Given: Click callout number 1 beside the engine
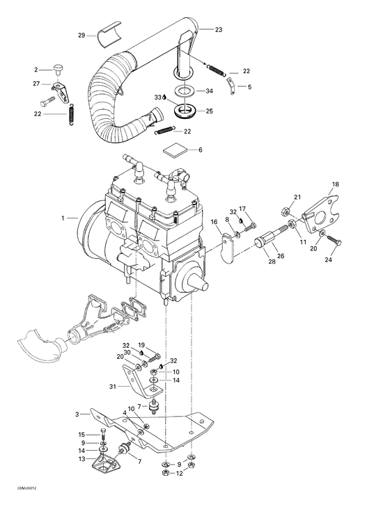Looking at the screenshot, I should click(64, 218).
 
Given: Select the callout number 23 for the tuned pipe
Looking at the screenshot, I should click(219, 29).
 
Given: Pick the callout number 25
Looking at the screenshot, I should click(209, 111).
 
